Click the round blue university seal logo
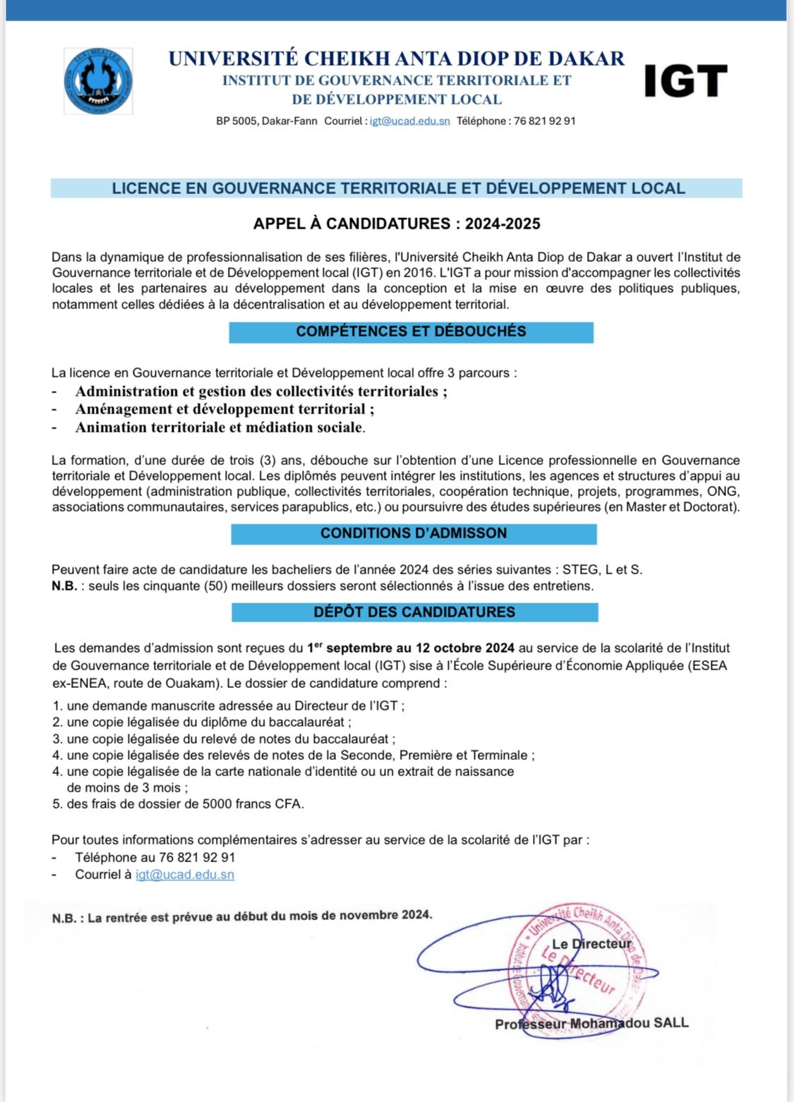(x=98, y=81)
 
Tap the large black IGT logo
(x=685, y=81)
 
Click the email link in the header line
(x=409, y=121)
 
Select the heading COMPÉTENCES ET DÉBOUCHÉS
(x=411, y=332)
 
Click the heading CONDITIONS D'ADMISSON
(x=414, y=533)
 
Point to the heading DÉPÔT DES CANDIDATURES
(x=414, y=612)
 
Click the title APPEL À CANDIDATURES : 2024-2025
(x=397, y=224)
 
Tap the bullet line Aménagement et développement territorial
(x=224, y=409)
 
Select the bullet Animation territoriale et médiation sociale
(x=220, y=428)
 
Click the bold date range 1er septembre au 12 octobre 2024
(x=410, y=648)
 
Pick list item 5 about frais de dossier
(x=179, y=804)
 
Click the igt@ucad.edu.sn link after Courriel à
(x=185, y=875)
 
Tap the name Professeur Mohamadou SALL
(x=591, y=1024)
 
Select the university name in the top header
(x=396, y=59)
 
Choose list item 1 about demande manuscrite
(x=229, y=706)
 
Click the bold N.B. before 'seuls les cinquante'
(x=64, y=586)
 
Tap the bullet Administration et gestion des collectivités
(x=261, y=392)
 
